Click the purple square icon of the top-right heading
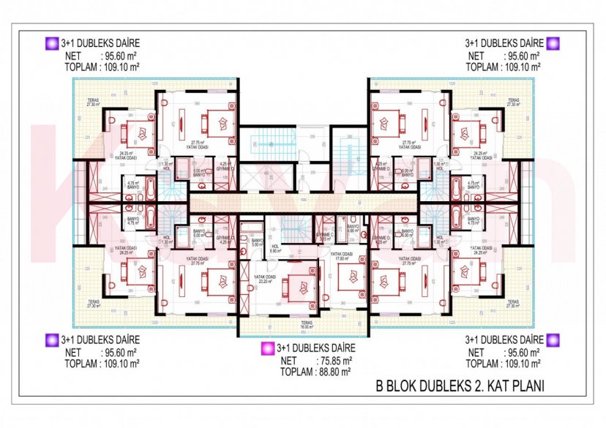[553, 43]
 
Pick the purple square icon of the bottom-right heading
[553, 339]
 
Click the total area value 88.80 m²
[337, 371]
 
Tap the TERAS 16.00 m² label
[304, 327]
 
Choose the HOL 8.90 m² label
[275, 249]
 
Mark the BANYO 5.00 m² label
[257, 243]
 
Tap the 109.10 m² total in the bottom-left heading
[119, 362]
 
